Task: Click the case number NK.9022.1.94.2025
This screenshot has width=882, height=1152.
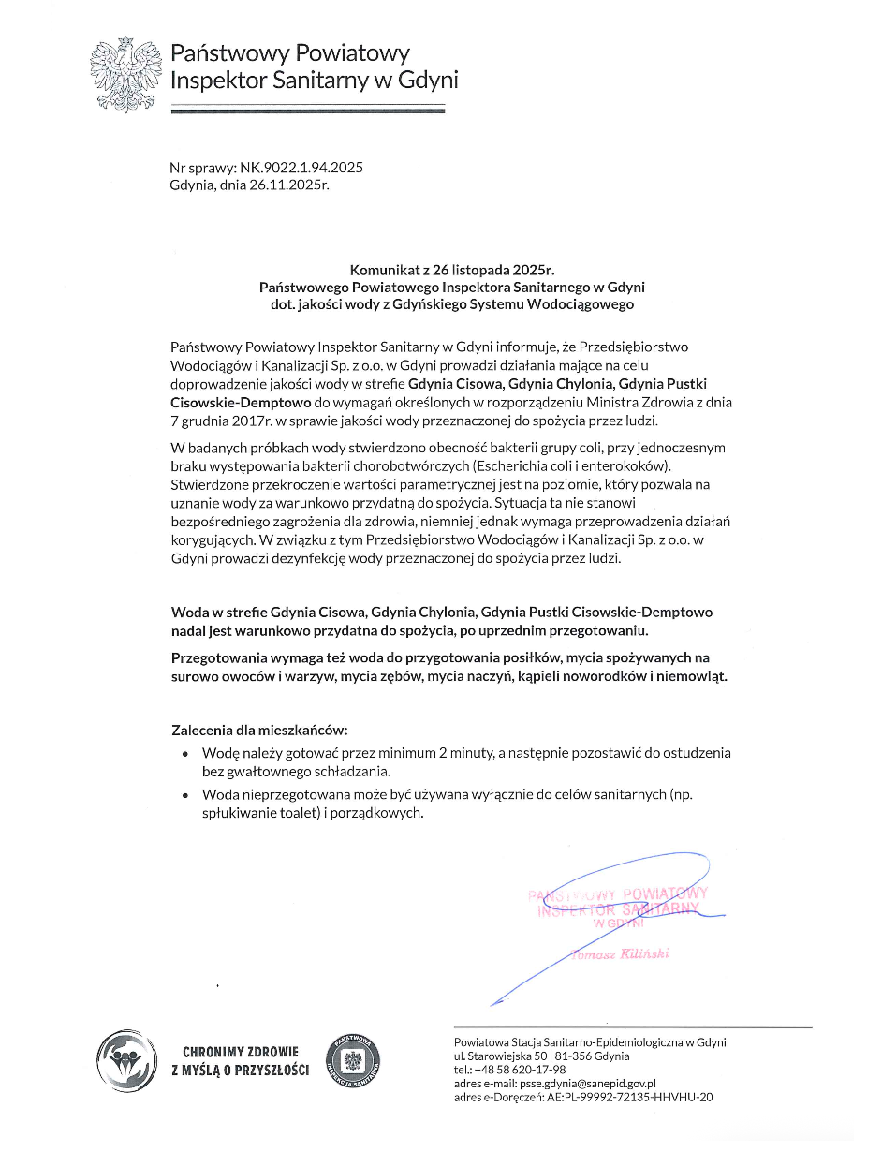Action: (x=301, y=168)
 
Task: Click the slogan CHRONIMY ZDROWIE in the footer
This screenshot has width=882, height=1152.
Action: (x=241, y=1052)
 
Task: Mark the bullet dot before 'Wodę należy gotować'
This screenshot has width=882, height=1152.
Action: (x=184, y=753)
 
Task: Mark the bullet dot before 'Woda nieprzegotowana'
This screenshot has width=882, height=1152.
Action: (x=184, y=794)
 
